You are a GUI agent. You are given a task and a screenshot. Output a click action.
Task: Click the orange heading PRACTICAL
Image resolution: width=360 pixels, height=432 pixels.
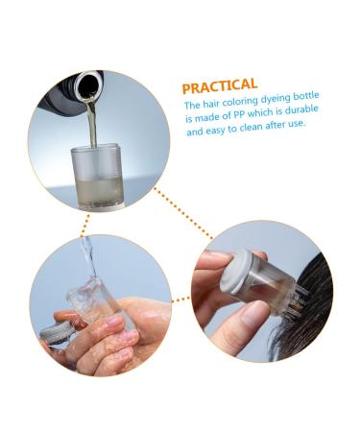click(x=220, y=85)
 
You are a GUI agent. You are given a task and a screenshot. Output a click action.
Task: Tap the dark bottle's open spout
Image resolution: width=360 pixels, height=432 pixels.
click(x=86, y=84)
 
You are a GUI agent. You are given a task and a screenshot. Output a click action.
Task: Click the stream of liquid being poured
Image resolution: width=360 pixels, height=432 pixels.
click(x=92, y=122)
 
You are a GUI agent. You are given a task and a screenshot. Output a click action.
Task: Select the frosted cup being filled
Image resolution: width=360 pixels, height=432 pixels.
click(x=97, y=176)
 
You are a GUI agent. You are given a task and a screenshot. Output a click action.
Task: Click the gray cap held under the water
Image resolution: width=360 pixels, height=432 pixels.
click(x=57, y=332)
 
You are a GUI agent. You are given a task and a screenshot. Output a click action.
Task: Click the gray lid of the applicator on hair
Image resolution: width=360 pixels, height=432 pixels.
click(x=234, y=272)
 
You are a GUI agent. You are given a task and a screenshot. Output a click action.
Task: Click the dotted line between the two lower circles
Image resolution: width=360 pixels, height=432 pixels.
click(x=180, y=300)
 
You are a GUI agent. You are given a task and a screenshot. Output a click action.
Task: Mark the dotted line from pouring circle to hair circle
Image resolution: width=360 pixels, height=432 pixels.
click(x=182, y=213)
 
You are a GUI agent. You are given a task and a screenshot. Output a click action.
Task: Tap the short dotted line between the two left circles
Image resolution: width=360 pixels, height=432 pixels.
click(x=85, y=225)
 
